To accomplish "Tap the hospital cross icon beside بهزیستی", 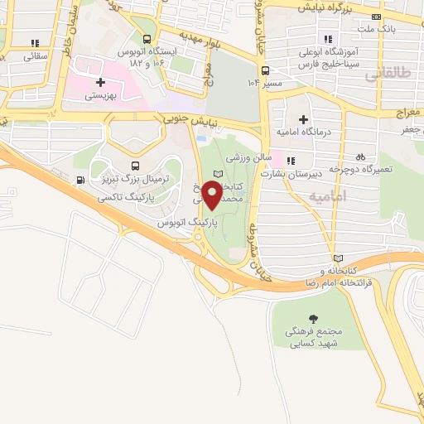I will (x=101, y=82).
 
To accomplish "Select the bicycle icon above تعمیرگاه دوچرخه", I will (x=360, y=156).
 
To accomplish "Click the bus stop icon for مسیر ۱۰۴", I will (x=264, y=71).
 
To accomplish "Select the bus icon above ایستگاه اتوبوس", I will (x=147, y=39).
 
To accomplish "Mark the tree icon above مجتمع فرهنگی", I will (x=313, y=318).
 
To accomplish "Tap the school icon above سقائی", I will (x=34, y=42).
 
